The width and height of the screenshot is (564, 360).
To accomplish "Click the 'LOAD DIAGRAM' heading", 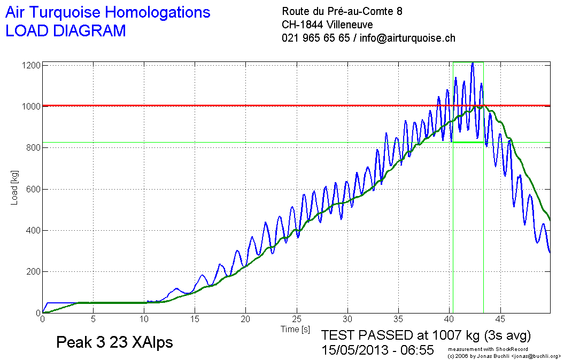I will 65,31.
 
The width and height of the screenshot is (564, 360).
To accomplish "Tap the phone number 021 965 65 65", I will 316,38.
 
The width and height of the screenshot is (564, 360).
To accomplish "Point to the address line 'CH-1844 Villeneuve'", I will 327,25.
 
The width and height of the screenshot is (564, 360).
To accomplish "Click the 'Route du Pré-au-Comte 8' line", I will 342,11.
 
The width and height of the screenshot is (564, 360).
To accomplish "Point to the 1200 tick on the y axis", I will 30,65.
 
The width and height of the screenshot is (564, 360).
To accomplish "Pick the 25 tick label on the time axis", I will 297,319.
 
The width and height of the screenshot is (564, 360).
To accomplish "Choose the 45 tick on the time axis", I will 500,319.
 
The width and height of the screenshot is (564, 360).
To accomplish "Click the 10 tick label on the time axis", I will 144,319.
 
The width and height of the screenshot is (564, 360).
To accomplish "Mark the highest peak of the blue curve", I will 473,64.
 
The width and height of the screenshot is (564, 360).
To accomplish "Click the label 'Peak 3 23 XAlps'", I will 114,342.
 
